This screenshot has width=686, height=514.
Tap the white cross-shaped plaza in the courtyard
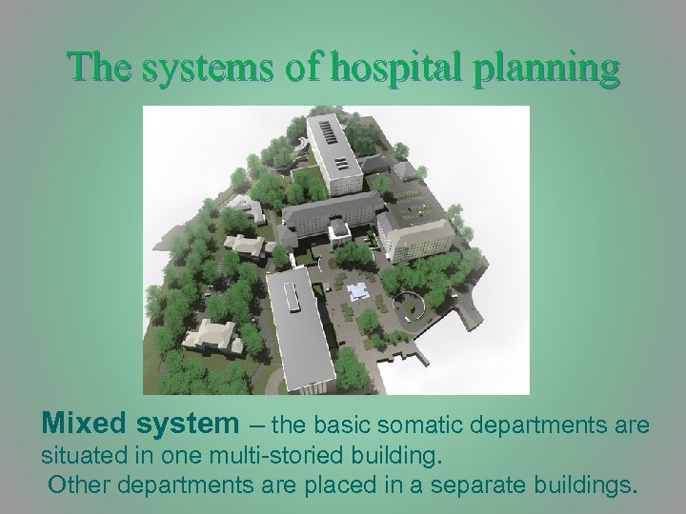pos(360,289)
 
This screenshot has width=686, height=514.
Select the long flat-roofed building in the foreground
pos(302,324)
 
